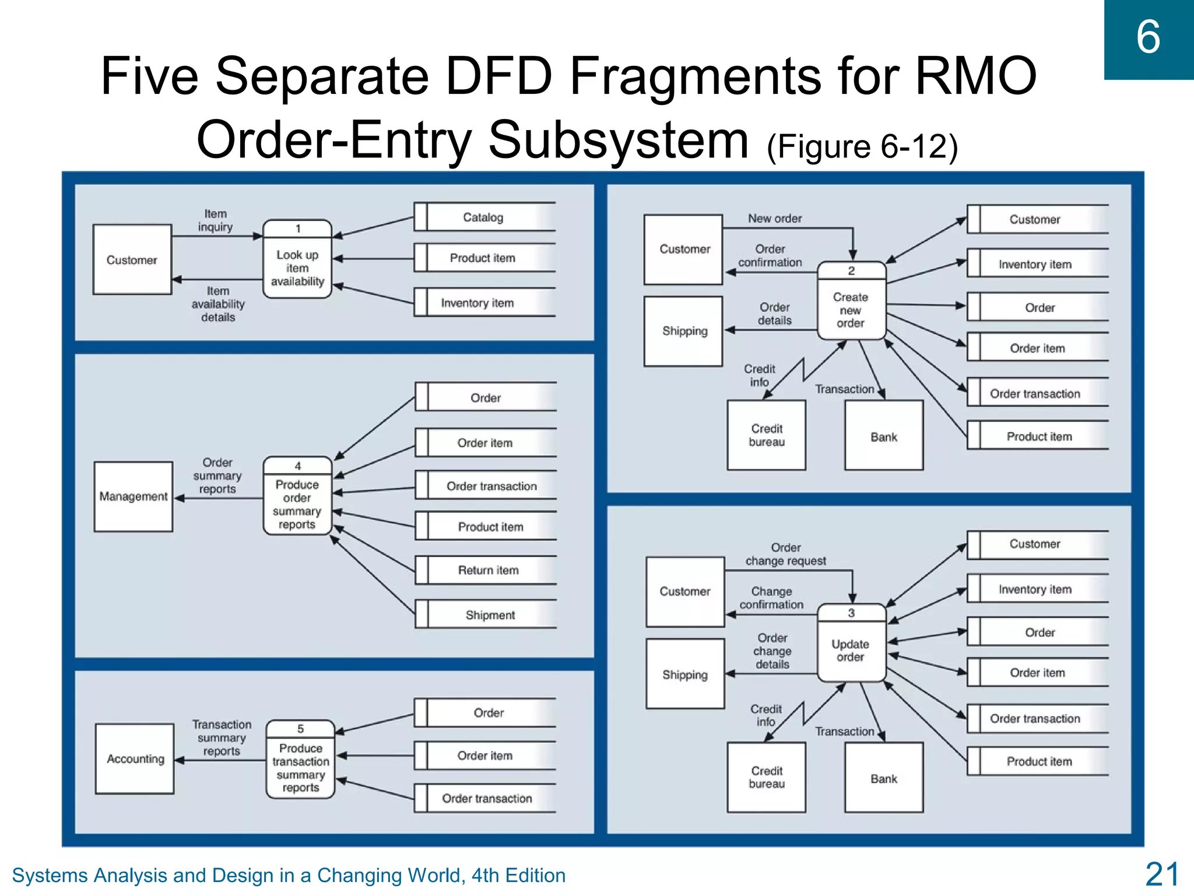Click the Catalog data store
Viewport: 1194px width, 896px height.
(484, 217)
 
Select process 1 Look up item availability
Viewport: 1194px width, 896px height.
(297, 260)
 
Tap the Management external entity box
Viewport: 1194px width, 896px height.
(134, 496)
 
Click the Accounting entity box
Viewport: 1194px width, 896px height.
(135, 759)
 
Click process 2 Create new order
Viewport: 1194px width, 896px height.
(851, 301)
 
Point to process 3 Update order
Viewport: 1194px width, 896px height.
(851, 643)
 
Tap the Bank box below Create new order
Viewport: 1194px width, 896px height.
(884, 436)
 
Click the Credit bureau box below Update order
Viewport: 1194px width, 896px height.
(767, 777)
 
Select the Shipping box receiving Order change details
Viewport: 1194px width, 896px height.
(685, 674)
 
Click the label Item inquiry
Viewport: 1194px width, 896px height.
(215, 220)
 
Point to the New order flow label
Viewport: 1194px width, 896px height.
(775, 218)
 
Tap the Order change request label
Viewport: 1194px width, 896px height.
(785, 554)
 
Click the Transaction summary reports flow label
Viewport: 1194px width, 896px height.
(222, 738)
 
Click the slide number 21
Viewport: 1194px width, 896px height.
(1162, 874)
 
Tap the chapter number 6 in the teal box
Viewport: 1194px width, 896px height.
(1148, 37)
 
